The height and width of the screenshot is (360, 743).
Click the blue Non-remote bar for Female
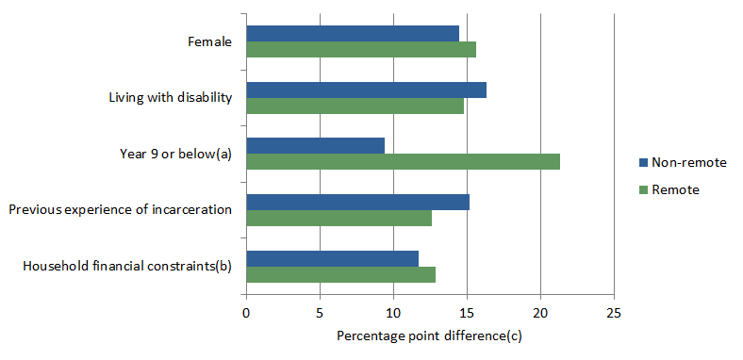click(x=353, y=33)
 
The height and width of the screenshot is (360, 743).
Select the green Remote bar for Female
click(x=361, y=50)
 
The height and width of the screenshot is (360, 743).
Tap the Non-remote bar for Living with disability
click(x=366, y=90)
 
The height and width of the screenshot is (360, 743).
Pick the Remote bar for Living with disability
click(x=355, y=106)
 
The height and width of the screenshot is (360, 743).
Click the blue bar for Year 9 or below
click(x=315, y=145)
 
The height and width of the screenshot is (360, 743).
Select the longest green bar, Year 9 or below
click(x=403, y=162)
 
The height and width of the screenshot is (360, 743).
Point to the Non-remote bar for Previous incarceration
click(x=357, y=202)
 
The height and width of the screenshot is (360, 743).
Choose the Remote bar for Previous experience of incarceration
click(x=338, y=219)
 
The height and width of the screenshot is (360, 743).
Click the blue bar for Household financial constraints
click(x=332, y=257)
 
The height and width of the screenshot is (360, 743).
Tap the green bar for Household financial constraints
click(x=340, y=274)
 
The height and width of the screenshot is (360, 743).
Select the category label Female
click(x=209, y=41)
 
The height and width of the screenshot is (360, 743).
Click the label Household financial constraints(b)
click(x=126, y=266)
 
